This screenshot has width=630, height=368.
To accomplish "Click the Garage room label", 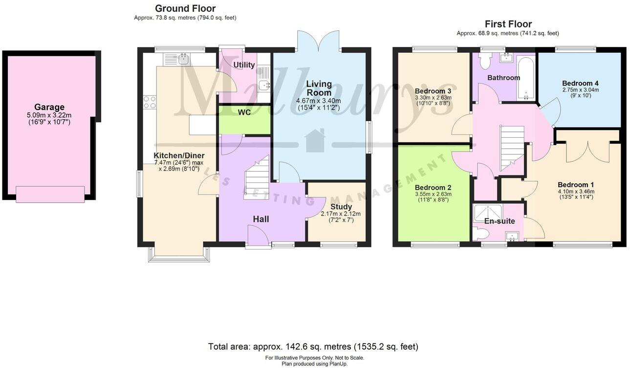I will [x=49, y=107].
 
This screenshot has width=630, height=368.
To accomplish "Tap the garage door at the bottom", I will [x=50, y=194].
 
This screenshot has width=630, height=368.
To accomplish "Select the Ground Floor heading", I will [x=185, y=8].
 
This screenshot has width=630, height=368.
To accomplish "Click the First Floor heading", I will [x=508, y=24].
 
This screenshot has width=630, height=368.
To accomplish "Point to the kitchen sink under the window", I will [x=184, y=60].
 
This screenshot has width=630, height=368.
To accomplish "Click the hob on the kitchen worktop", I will [x=150, y=102].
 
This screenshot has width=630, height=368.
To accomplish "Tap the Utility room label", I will [x=244, y=65].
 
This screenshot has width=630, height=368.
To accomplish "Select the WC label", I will [x=244, y=113].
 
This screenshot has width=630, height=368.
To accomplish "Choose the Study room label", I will [x=341, y=207].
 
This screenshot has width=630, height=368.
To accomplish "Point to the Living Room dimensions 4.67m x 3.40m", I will [x=319, y=104].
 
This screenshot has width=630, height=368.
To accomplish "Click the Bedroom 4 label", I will [x=580, y=83].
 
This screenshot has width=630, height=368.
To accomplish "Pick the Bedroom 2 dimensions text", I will [x=433, y=196].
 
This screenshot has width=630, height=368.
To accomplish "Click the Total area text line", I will [x=313, y=346].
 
